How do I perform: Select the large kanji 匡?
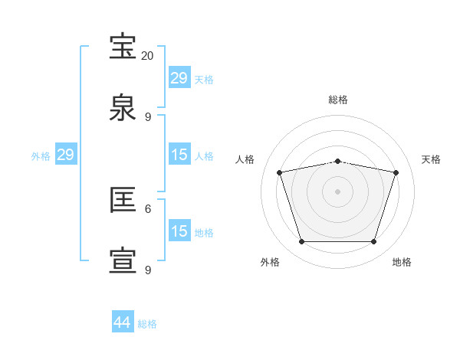124,201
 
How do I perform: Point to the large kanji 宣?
124,261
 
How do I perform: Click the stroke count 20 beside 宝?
147,56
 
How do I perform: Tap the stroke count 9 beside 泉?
148,117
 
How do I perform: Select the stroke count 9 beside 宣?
148,270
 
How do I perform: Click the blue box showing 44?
123,322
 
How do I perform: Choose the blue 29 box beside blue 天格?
179,78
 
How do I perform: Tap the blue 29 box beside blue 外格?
65,155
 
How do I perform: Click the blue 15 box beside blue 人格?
179,155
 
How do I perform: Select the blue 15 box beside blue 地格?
179,231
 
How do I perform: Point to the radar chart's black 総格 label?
337,100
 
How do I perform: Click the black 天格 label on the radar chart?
431,159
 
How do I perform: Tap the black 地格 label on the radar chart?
402,262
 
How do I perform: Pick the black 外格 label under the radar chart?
270,262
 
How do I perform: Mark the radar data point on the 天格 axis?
396,173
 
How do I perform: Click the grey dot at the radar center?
337,191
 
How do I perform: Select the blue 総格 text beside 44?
147,324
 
